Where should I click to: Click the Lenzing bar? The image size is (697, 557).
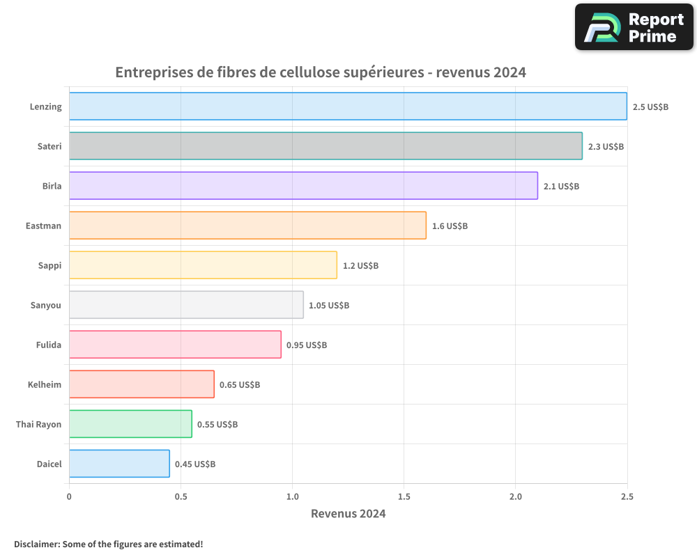pyautogui.click(x=348, y=107)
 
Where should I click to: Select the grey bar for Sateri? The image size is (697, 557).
pyautogui.click(x=325, y=146)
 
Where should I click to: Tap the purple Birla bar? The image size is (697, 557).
pyautogui.click(x=303, y=186)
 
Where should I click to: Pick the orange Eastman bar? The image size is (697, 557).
pyautogui.click(x=247, y=226)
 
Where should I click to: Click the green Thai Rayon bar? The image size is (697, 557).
pyautogui.click(x=130, y=424)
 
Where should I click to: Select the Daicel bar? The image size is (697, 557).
pyautogui.click(x=119, y=464)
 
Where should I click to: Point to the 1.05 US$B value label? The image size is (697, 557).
pyautogui.click(x=329, y=305)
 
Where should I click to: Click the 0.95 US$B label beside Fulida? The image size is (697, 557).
pyautogui.click(x=307, y=345)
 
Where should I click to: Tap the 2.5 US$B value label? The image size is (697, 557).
pyautogui.click(x=650, y=107)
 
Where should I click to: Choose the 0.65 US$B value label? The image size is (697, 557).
pyautogui.click(x=240, y=384)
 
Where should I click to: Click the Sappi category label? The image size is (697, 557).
pyautogui.click(x=49, y=265)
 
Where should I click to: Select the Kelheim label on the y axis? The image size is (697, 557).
pyautogui.click(x=45, y=384)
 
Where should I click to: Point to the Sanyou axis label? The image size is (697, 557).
pyautogui.click(x=46, y=305)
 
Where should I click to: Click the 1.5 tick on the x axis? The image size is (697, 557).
pyautogui.click(x=404, y=496)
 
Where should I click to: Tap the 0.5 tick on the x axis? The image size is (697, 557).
pyautogui.click(x=181, y=496)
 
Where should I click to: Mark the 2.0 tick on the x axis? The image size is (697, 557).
pyautogui.click(x=515, y=496)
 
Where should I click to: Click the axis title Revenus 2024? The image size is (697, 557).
pyautogui.click(x=348, y=514)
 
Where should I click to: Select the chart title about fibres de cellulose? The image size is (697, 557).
pyautogui.click(x=320, y=72)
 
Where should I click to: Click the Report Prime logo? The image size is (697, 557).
pyautogui.click(x=634, y=27)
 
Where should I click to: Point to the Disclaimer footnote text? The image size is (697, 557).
pyautogui.click(x=109, y=544)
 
